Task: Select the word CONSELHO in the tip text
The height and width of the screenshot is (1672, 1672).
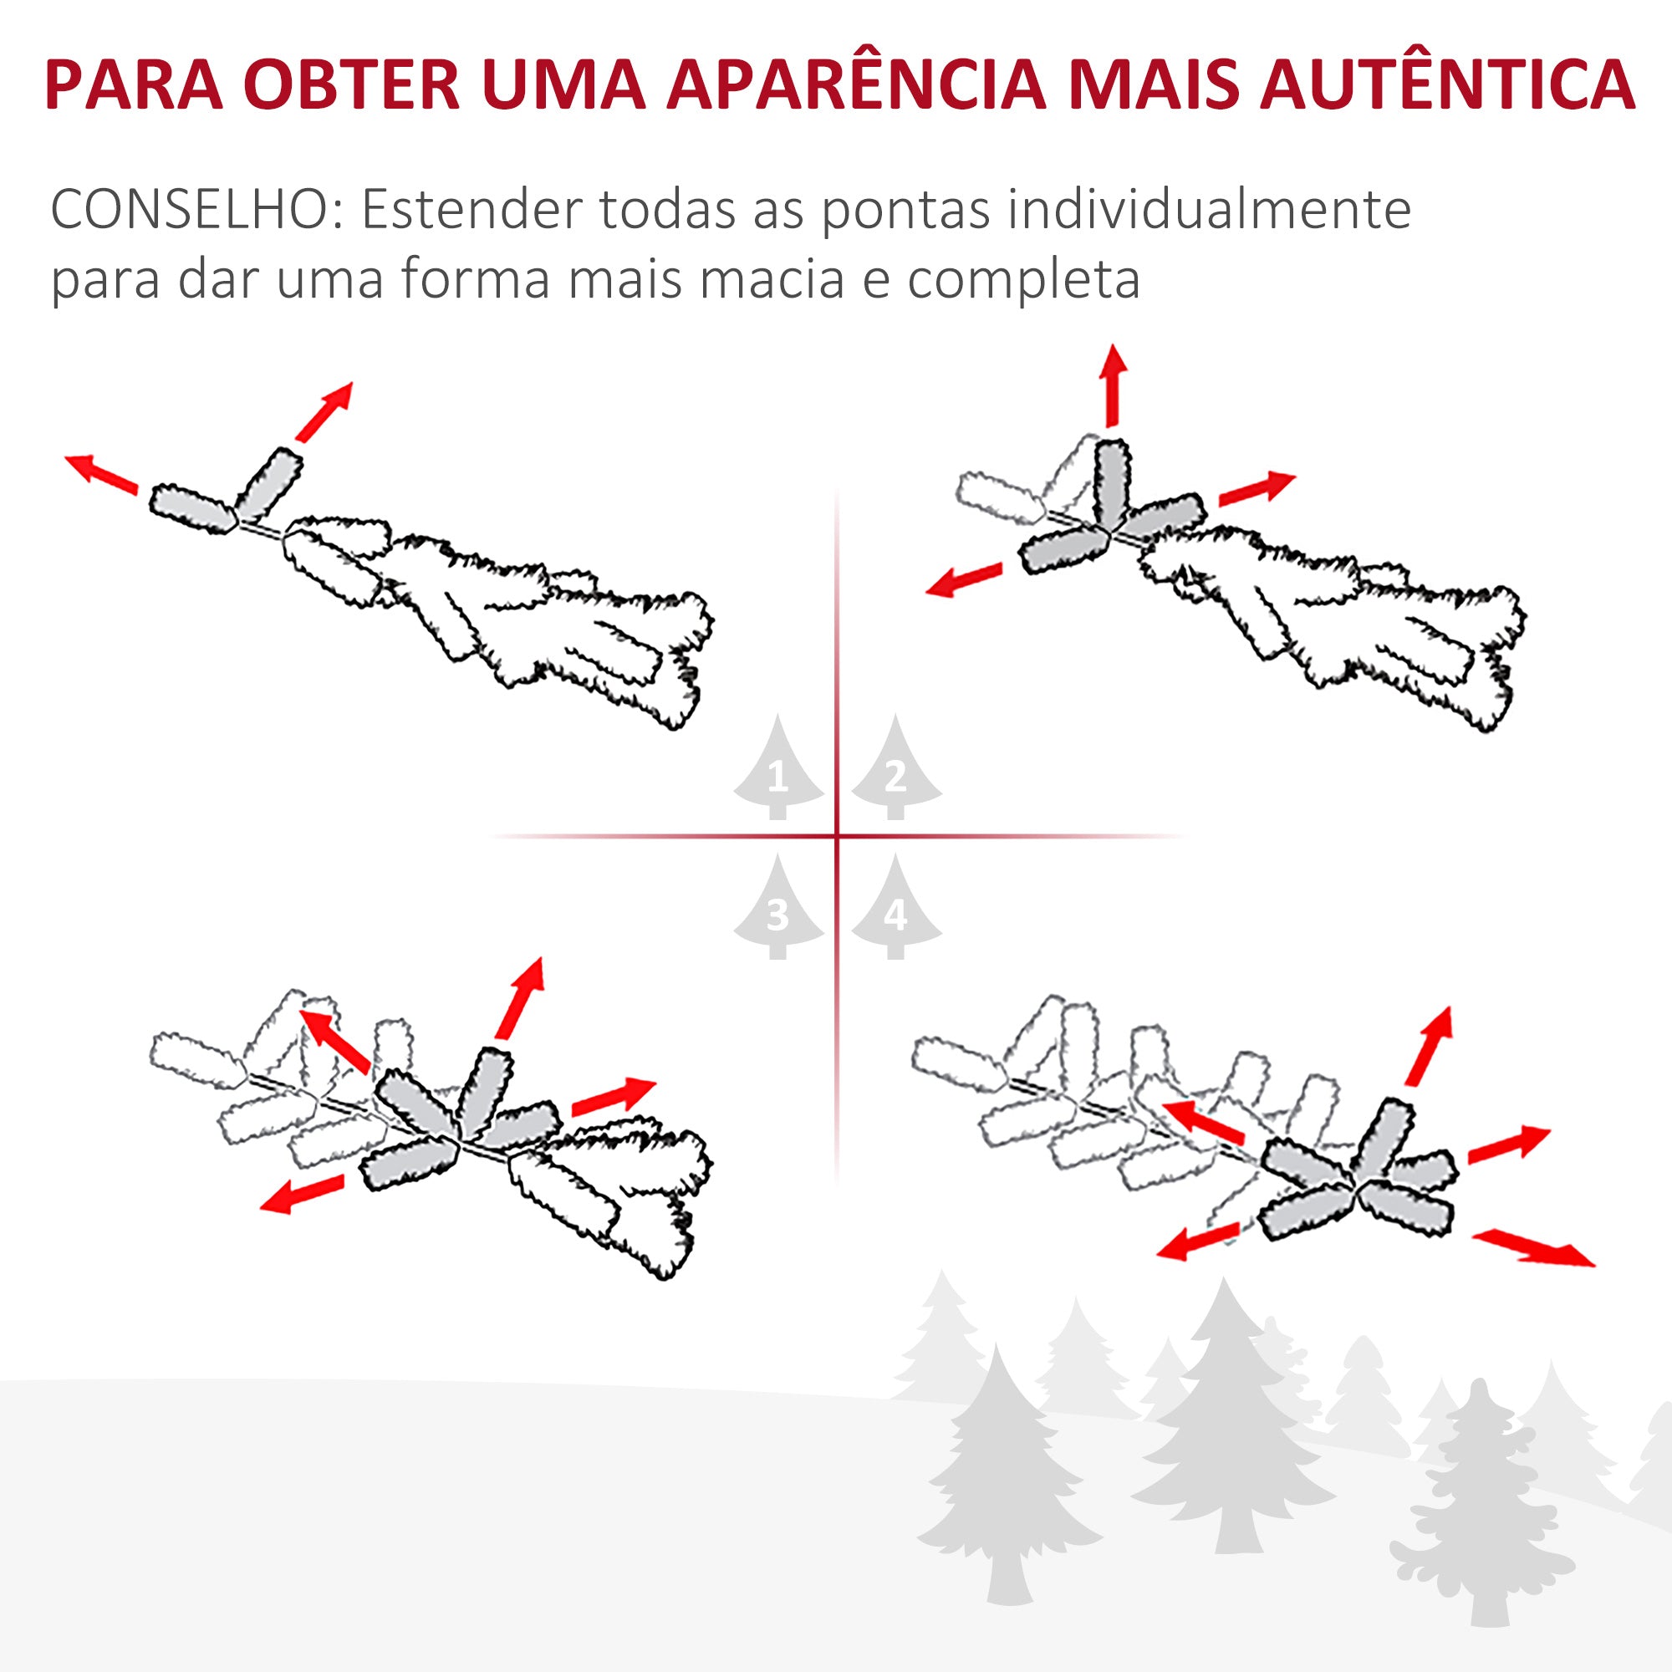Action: [189, 211]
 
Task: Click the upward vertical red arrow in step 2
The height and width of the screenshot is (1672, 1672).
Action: [1113, 385]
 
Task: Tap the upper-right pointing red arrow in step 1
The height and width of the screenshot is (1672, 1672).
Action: [324, 411]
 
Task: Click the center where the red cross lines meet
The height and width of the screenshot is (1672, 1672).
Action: [837, 836]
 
